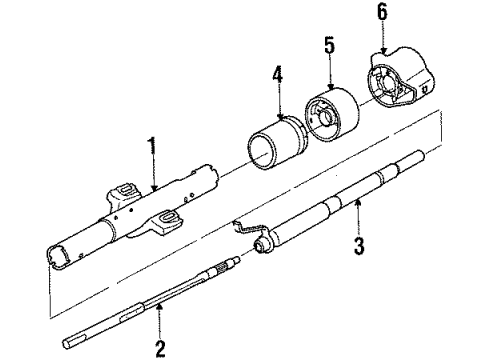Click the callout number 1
(x=153, y=150)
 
